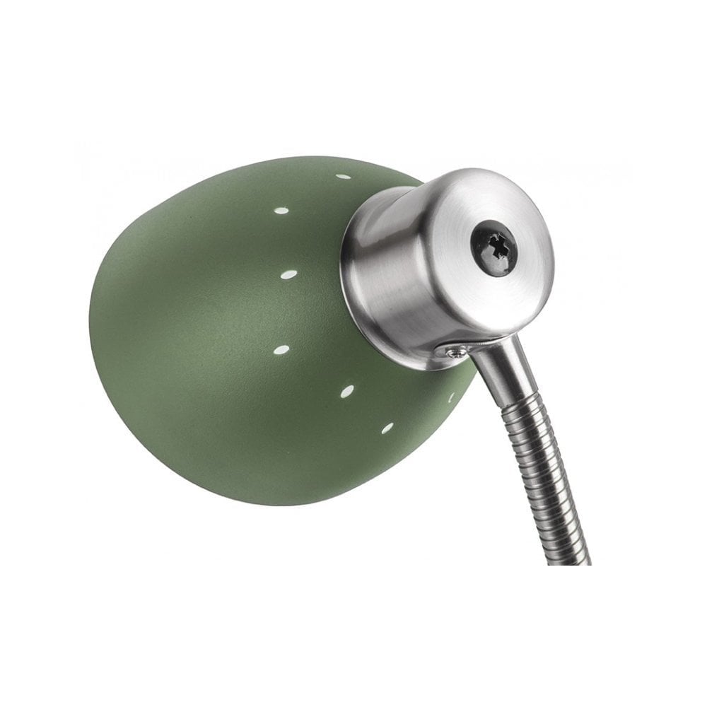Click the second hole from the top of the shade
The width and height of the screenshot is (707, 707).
(281, 210)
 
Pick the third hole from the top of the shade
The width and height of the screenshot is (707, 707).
(288, 273)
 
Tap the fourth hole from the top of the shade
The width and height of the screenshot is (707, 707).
(281, 349)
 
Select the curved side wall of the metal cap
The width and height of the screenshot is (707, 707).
(396, 283)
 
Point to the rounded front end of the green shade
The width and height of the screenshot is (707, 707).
(106, 332)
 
